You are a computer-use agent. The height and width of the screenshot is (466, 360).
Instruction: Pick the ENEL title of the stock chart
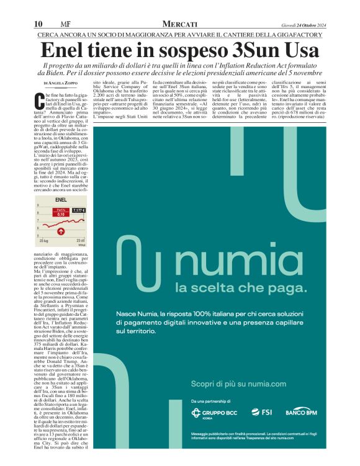[x=61, y=200]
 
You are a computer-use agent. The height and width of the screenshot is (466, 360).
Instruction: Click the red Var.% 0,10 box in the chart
[x=61, y=213]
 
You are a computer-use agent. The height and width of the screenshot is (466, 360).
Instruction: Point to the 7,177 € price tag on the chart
[x=79, y=211]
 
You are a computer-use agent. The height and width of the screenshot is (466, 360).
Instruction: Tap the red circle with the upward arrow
[x=61, y=231]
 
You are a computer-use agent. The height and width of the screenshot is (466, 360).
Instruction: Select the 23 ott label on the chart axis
[x=80, y=240]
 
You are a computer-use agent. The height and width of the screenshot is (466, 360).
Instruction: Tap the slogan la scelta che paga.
[x=215, y=287]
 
